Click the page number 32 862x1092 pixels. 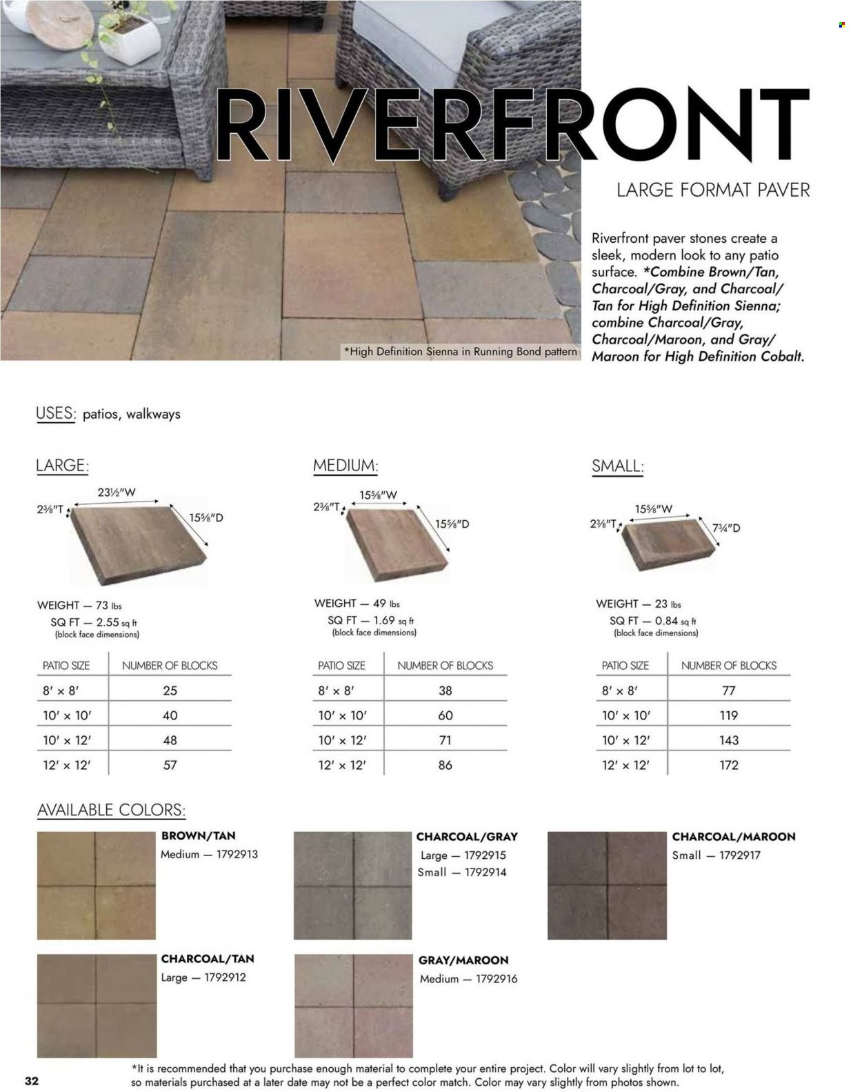point(31,1080)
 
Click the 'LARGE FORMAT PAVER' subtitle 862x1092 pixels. point(713,190)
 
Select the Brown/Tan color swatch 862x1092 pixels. point(96,885)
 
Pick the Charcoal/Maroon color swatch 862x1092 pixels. point(607,886)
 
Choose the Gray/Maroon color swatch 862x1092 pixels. point(353,1006)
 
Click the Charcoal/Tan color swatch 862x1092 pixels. point(97,1005)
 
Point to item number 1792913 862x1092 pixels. point(237,854)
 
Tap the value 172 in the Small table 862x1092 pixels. point(729,765)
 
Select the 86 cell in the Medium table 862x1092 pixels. point(445,765)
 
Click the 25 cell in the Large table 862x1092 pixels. point(170,691)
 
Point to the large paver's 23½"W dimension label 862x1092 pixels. point(117,493)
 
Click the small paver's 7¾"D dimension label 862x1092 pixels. point(726,528)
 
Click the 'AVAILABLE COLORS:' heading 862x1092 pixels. point(111,810)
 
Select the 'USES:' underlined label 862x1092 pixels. point(54,414)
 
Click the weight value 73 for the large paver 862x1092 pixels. point(102,605)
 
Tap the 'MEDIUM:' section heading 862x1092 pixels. point(345,466)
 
